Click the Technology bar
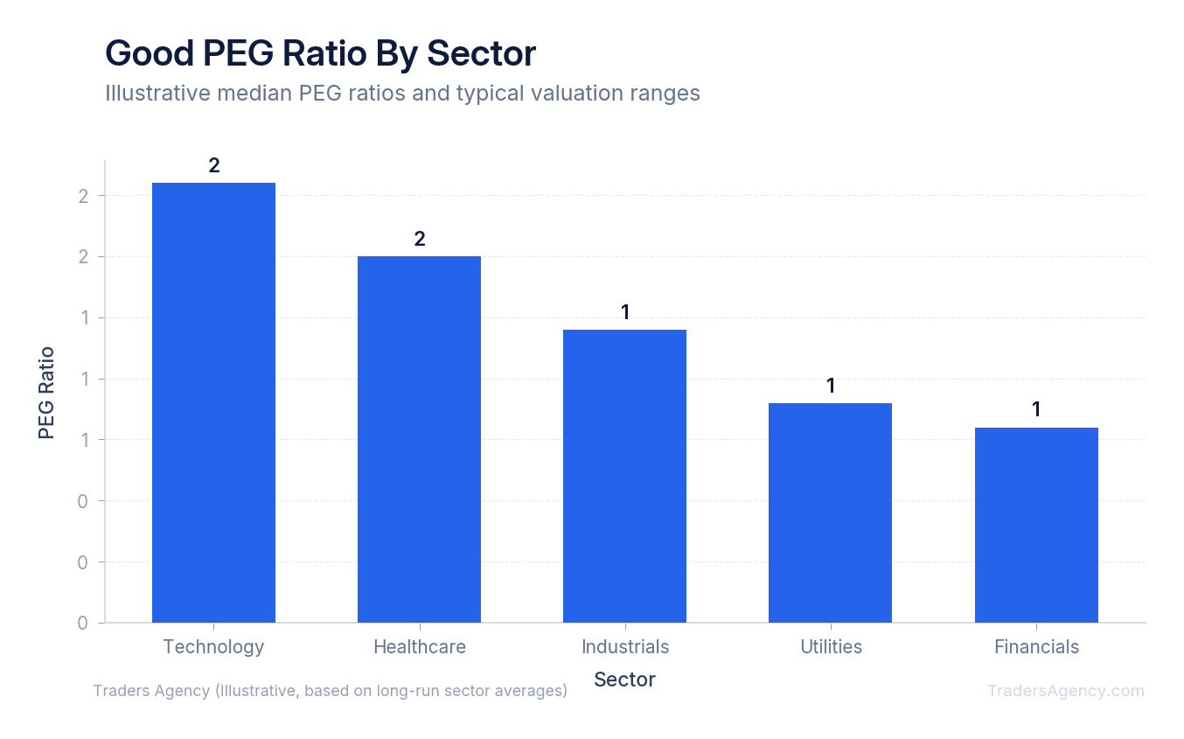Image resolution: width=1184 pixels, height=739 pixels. tap(213, 402)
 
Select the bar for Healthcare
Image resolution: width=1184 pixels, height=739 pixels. tap(419, 439)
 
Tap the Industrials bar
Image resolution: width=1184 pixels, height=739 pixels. tap(624, 476)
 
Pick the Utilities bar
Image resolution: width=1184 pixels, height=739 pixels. tap(830, 512)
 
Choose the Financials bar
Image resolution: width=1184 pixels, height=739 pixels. tap(1036, 525)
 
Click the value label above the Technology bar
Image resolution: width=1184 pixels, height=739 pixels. tap(213, 165)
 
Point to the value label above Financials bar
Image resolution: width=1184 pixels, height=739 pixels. tap(1036, 409)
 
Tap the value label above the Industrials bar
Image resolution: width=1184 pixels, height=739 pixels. tap(624, 312)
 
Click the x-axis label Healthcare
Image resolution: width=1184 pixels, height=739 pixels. tap(419, 647)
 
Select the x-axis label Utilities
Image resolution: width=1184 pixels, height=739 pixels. tap(831, 647)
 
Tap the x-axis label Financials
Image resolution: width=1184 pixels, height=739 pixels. tap(1036, 647)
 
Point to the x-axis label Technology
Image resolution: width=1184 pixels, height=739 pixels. tap(213, 647)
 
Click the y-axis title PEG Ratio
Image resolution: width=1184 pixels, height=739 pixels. tap(46, 393)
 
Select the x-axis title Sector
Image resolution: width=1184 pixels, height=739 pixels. tap(624, 680)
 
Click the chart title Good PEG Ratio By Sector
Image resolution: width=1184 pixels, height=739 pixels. tap(320, 54)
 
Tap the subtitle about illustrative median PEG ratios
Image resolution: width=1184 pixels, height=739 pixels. tap(402, 93)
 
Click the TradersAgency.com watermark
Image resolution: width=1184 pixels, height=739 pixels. tap(1065, 691)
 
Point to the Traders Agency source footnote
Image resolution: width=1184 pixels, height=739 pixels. tap(330, 691)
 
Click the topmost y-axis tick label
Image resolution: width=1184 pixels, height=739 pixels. tap(83, 196)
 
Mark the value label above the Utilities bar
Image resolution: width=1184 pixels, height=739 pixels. tap(830, 386)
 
